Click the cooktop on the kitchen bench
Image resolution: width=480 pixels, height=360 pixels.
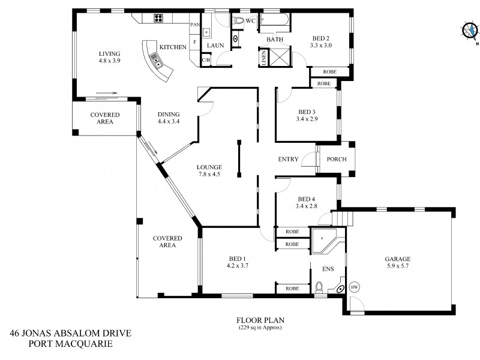point(159,18)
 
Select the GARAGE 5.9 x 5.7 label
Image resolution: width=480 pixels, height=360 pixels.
point(398,263)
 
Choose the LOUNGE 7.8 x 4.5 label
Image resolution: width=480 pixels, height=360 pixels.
point(210,171)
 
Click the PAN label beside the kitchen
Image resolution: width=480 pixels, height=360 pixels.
point(194,25)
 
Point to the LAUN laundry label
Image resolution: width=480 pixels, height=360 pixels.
point(215,46)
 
